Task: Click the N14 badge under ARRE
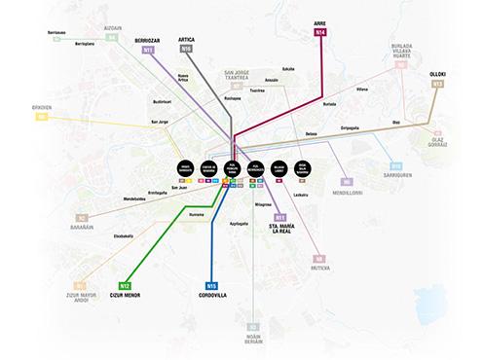point(320,33)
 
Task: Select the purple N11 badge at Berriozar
point(149,48)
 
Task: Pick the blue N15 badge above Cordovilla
point(211,285)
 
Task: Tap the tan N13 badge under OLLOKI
point(437,85)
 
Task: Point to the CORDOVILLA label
point(211,296)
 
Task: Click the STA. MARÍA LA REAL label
point(279,230)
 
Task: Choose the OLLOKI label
point(437,74)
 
